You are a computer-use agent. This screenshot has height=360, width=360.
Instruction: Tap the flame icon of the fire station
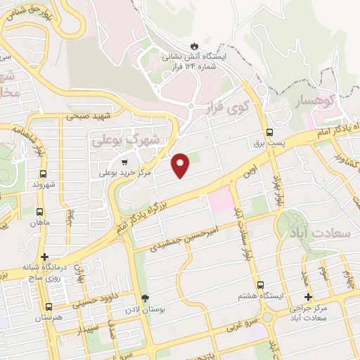click(205, 41)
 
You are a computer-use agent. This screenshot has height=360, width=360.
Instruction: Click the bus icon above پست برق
click(269, 132)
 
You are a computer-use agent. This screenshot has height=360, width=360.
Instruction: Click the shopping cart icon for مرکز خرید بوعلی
click(124, 160)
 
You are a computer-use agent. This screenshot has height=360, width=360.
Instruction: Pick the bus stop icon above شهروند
click(44, 174)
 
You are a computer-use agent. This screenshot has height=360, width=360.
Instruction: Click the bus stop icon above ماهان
click(39, 211)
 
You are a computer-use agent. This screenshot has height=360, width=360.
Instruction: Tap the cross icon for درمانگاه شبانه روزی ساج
click(45, 257)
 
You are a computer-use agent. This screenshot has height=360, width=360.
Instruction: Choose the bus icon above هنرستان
click(49, 307)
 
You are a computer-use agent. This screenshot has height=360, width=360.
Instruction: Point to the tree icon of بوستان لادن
click(145, 298)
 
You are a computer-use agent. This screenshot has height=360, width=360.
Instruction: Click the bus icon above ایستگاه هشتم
click(260, 285)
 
